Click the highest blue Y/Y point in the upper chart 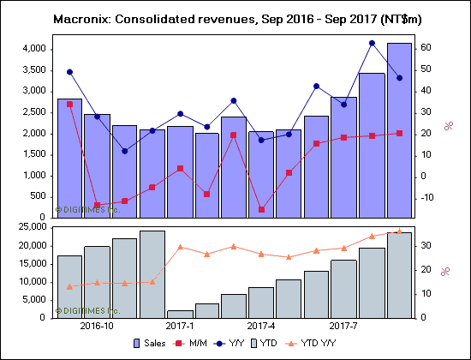(x=372, y=43)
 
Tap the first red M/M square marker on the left (x=69, y=104)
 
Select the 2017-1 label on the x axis (x=180, y=326)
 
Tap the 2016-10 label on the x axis (x=97, y=326)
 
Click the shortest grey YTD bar (x=180, y=314)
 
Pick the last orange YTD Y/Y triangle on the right (x=399, y=231)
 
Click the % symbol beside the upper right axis (x=447, y=126)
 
